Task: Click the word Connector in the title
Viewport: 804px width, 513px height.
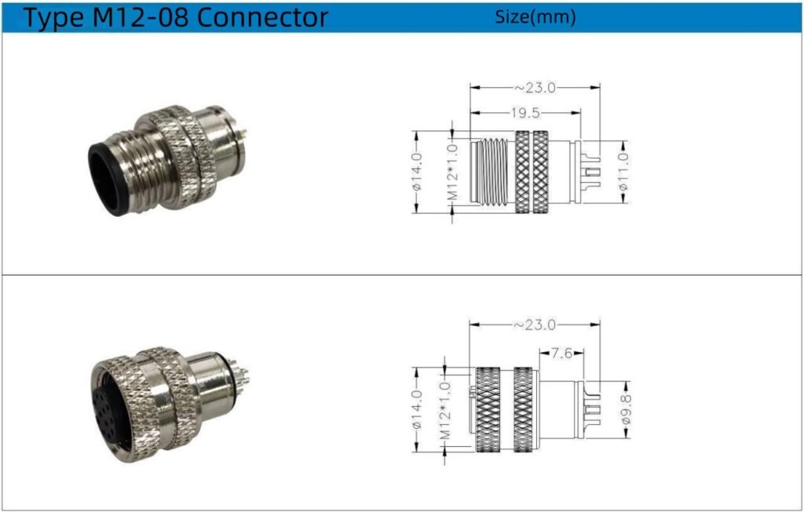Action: click(x=262, y=17)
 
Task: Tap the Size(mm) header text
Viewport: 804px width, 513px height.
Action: click(x=535, y=17)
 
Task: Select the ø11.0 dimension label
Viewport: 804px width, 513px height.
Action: click(x=623, y=172)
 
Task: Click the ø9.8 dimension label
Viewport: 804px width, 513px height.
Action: click(x=626, y=409)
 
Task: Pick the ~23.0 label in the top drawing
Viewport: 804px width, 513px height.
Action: click(x=535, y=88)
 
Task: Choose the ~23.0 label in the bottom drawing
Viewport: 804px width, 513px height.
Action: click(x=535, y=324)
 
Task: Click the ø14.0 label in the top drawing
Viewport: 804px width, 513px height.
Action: click(x=416, y=172)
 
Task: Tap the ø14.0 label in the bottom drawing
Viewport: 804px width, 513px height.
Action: click(x=416, y=409)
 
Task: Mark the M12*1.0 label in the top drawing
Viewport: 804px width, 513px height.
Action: click(x=452, y=172)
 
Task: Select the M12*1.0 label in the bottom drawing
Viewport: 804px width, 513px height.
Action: click(x=445, y=410)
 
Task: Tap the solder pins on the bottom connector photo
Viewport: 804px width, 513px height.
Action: click(x=240, y=379)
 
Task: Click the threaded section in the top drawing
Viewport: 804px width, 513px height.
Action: click(x=493, y=172)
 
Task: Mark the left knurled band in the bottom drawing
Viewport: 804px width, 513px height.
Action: click(x=488, y=410)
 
